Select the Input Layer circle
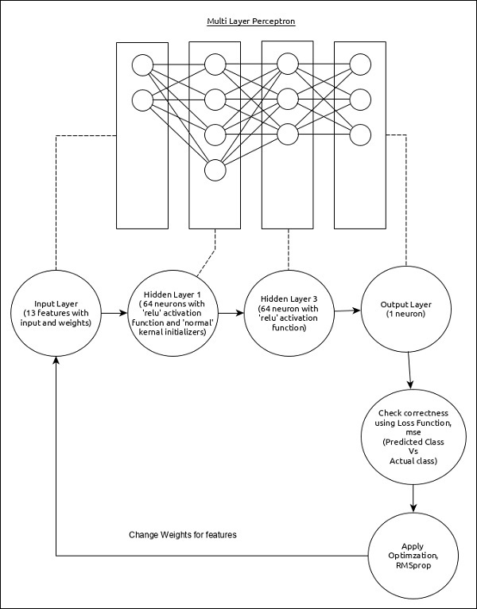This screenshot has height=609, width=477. [x=56, y=314]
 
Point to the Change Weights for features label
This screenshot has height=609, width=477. [x=183, y=534]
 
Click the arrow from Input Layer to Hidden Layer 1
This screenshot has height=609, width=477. [x=114, y=314]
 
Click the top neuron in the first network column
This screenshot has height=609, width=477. [x=142, y=64]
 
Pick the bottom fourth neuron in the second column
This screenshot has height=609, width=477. [x=215, y=169]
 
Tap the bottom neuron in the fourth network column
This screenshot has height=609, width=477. [x=360, y=134]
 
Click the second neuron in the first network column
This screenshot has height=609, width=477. [x=142, y=100]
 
